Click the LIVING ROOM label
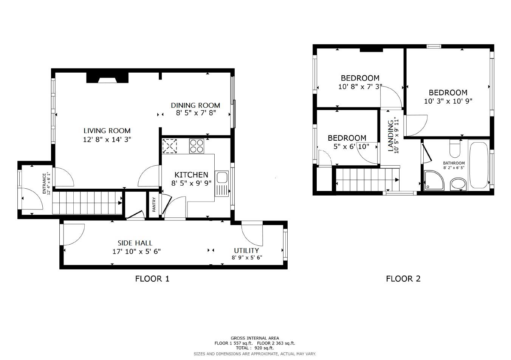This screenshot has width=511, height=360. [x=107, y=131]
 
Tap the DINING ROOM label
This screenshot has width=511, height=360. [x=195, y=105]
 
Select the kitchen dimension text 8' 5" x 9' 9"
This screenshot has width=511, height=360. [x=191, y=183]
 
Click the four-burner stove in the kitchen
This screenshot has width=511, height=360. [x=197, y=146]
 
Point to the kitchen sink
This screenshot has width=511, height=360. [x=221, y=177]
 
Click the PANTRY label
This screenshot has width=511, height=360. [x=154, y=205]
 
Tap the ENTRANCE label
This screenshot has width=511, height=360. [x=45, y=183]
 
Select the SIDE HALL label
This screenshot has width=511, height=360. [x=135, y=243]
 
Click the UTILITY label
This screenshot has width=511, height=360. [x=246, y=250]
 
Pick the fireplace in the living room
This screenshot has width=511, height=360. [x=108, y=78]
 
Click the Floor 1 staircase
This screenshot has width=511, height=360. [x=87, y=203]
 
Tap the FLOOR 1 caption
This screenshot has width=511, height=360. [x=152, y=279]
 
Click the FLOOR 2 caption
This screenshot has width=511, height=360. [x=403, y=279]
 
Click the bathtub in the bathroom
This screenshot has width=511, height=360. [x=478, y=164]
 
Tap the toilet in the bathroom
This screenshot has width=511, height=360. [x=454, y=149]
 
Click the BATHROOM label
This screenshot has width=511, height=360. [x=454, y=163]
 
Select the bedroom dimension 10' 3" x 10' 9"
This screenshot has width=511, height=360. [x=448, y=101]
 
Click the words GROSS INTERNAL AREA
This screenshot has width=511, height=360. [x=255, y=338]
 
